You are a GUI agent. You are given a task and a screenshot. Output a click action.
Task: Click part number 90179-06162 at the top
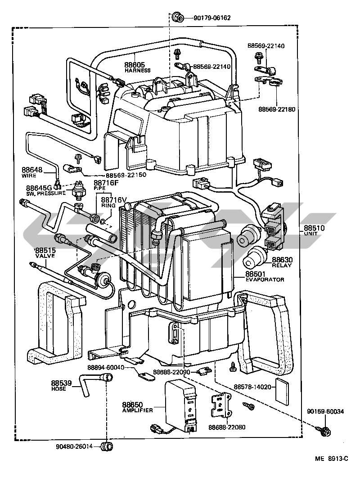click(x=212, y=18)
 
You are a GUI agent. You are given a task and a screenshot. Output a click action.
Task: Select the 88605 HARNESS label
click(x=137, y=68)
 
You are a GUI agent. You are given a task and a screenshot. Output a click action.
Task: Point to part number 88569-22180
click(x=277, y=109)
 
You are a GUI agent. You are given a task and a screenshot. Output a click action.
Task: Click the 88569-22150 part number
click(x=126, y=175)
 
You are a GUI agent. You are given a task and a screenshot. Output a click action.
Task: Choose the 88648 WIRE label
click(x=31, y=172)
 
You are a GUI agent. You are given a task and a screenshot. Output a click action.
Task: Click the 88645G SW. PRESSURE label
click(x=46, y=190)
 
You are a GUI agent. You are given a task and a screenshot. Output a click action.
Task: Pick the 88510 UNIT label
click(x=314, y=230)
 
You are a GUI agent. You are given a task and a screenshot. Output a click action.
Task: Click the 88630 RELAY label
click(x=282, y=262)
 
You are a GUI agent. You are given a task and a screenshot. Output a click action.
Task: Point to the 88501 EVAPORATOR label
click(x=265, y=277)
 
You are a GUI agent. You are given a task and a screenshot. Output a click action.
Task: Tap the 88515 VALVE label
click(x=45, y=253)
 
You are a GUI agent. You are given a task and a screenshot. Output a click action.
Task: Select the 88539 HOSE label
click(x=61, y=386)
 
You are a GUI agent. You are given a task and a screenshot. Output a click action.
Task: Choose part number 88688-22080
click(x=227, y=427)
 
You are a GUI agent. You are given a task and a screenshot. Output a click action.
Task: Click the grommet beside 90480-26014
click(x=107, y=446)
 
